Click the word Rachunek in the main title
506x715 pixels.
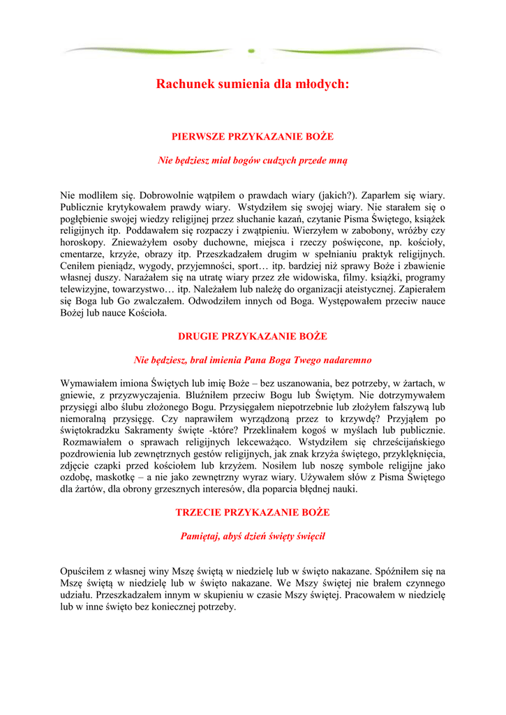click(183, 84)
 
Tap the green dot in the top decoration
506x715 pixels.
click(252, 50)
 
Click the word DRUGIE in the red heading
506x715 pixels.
click(198, 336)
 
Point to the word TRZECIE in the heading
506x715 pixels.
click(199, 512)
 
